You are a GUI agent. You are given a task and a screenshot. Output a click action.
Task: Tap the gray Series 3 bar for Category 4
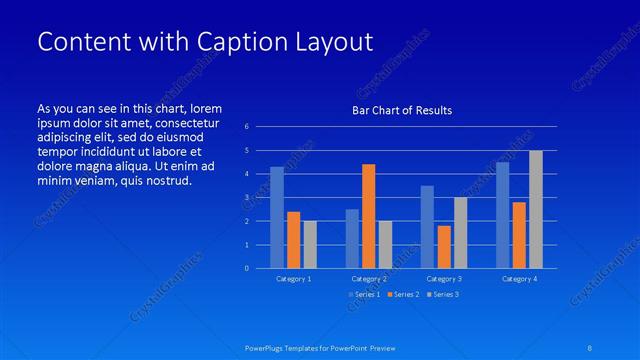pos(536,209)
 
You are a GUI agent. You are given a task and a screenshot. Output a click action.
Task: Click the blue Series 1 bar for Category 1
pos(277,217)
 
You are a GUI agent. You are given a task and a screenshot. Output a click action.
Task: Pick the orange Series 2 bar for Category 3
pos(444,247)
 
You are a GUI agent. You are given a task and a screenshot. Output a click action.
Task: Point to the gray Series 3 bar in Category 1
pos(310,244)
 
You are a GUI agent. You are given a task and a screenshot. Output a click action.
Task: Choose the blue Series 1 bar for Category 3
pos(427,227)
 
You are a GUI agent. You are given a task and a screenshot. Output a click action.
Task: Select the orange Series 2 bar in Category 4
pos(519,235)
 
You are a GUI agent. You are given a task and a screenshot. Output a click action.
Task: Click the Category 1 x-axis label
pos(294,279)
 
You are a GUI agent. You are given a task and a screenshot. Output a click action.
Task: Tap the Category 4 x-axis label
pos(519,279)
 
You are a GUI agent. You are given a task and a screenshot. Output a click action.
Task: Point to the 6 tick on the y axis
pos(246,126)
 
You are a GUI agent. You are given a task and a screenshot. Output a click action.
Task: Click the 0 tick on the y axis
pos(246,268)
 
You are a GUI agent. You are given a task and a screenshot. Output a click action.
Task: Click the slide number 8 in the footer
pos(591,348)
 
